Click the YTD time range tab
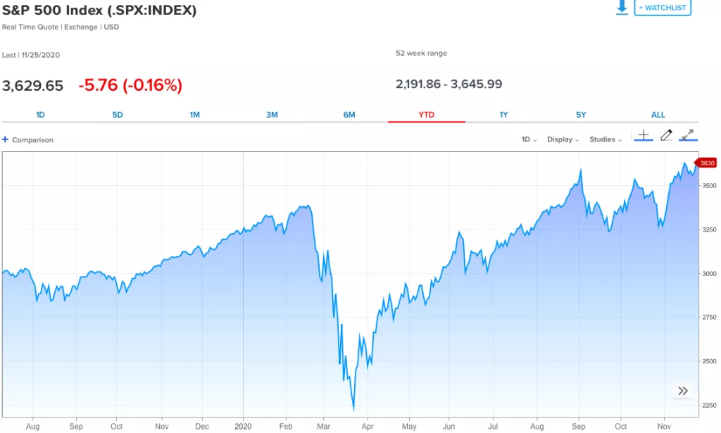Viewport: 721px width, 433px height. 427,115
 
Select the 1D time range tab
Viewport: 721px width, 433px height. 40,115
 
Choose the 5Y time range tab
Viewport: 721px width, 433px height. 581,115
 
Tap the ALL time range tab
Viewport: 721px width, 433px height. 658,115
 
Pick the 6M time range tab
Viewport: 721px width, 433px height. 349,115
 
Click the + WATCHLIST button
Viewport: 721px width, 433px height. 663,7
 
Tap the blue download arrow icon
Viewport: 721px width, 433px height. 622,7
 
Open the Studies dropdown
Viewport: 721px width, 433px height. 605,139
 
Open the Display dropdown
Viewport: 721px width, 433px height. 563,139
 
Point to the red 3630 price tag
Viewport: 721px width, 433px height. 706,163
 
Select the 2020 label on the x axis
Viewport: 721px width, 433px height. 243,427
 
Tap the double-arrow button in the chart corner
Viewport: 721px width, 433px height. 682,391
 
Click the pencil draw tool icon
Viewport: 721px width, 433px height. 666,135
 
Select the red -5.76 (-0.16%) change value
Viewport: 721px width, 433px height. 130,86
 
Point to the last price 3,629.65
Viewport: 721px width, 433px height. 32,86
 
